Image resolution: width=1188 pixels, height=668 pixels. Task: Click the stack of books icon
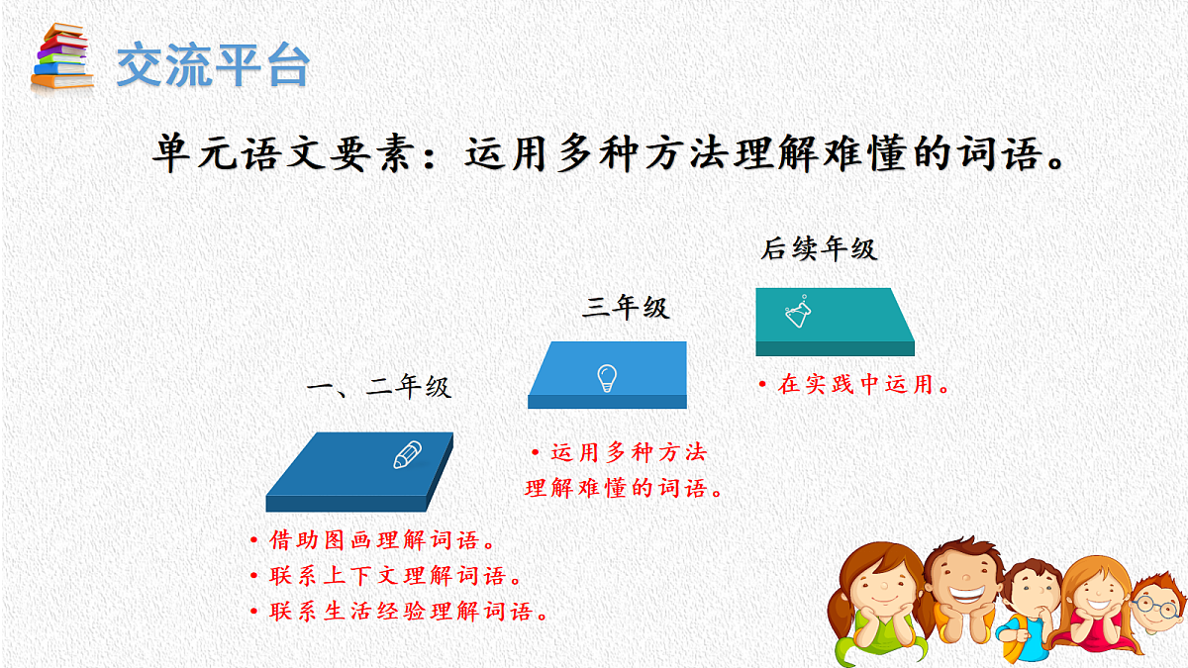pos(61,57)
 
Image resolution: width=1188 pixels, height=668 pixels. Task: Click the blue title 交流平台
pos(213,65)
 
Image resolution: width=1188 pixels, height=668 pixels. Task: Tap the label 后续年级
pos(819,249)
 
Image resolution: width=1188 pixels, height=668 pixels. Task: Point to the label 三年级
pos(626,308)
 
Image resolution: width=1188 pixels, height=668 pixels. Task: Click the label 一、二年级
pos(379,387)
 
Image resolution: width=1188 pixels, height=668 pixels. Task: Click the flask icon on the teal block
pos(799,313)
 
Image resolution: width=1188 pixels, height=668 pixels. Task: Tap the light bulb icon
pos(607,377)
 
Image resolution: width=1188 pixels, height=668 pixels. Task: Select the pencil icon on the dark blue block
pos(407,455)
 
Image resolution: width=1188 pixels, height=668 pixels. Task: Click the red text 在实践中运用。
pos(855,385)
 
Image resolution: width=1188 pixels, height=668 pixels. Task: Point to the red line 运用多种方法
pos(621,453)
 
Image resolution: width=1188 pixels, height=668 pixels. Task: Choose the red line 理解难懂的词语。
pos(623,489)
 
